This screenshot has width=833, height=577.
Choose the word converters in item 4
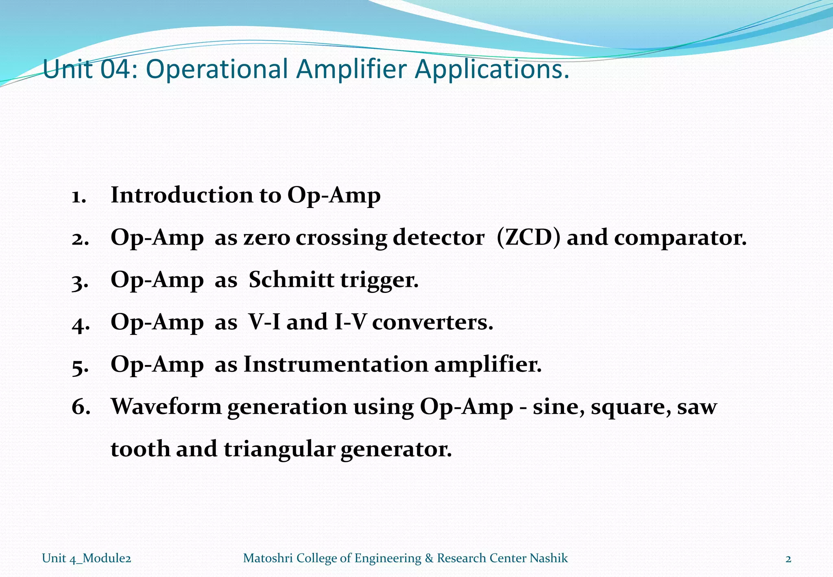[432, 323]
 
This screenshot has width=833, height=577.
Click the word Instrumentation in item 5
[336, 364]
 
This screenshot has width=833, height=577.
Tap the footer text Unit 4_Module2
[86, 558]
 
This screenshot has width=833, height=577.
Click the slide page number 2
[788, 559]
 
